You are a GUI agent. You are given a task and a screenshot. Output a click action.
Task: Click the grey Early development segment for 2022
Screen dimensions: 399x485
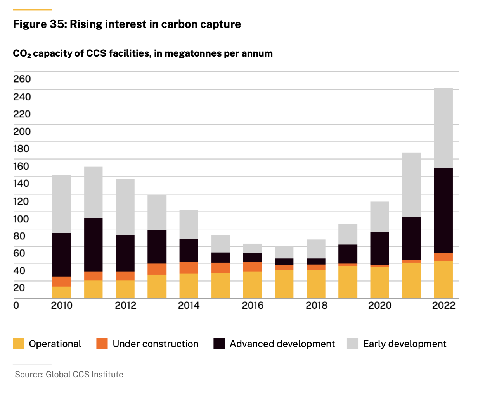[x=443, y=128]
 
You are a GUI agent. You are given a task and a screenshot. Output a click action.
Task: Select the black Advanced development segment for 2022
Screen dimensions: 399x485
[x=443, y=210]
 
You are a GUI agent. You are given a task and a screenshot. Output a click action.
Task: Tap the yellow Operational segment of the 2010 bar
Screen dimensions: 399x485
[x=62, y=292]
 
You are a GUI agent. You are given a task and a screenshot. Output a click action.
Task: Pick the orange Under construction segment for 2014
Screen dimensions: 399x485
[x=189, y=268]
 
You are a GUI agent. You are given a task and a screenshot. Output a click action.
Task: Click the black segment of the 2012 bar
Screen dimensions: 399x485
[x=125, y=253]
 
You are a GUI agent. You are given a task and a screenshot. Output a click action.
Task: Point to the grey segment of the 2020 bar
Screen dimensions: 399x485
[x=379, y=217]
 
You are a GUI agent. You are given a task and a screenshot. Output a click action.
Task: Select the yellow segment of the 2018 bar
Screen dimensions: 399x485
[x=316, y=284]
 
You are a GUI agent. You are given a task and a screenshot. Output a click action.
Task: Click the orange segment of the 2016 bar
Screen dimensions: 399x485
[x=253, y=267]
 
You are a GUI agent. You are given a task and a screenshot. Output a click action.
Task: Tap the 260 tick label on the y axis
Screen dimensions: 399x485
[x=22, y=79]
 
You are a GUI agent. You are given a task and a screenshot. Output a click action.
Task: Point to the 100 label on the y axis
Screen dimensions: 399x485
[x=21, y=219]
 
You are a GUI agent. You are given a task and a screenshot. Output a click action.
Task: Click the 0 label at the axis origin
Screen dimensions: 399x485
[x=16, y=306]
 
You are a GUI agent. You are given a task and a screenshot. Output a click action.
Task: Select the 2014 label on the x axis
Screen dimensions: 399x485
[x=189, y=306]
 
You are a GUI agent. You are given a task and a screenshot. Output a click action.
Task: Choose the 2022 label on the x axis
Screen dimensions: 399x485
[x=443, y=306]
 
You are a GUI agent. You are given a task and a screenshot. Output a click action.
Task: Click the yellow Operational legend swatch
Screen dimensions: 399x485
[x=19, y=344]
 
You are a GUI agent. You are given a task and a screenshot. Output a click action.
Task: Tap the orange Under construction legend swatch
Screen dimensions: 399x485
[x=102, y=344]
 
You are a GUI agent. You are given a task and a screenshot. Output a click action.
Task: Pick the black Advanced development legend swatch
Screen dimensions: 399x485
[x=219, y=344]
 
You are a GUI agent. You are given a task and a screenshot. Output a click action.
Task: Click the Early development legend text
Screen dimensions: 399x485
[x=405, y=344]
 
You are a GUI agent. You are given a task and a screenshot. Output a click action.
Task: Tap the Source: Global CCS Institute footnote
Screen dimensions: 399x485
[x=69, y=375]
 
